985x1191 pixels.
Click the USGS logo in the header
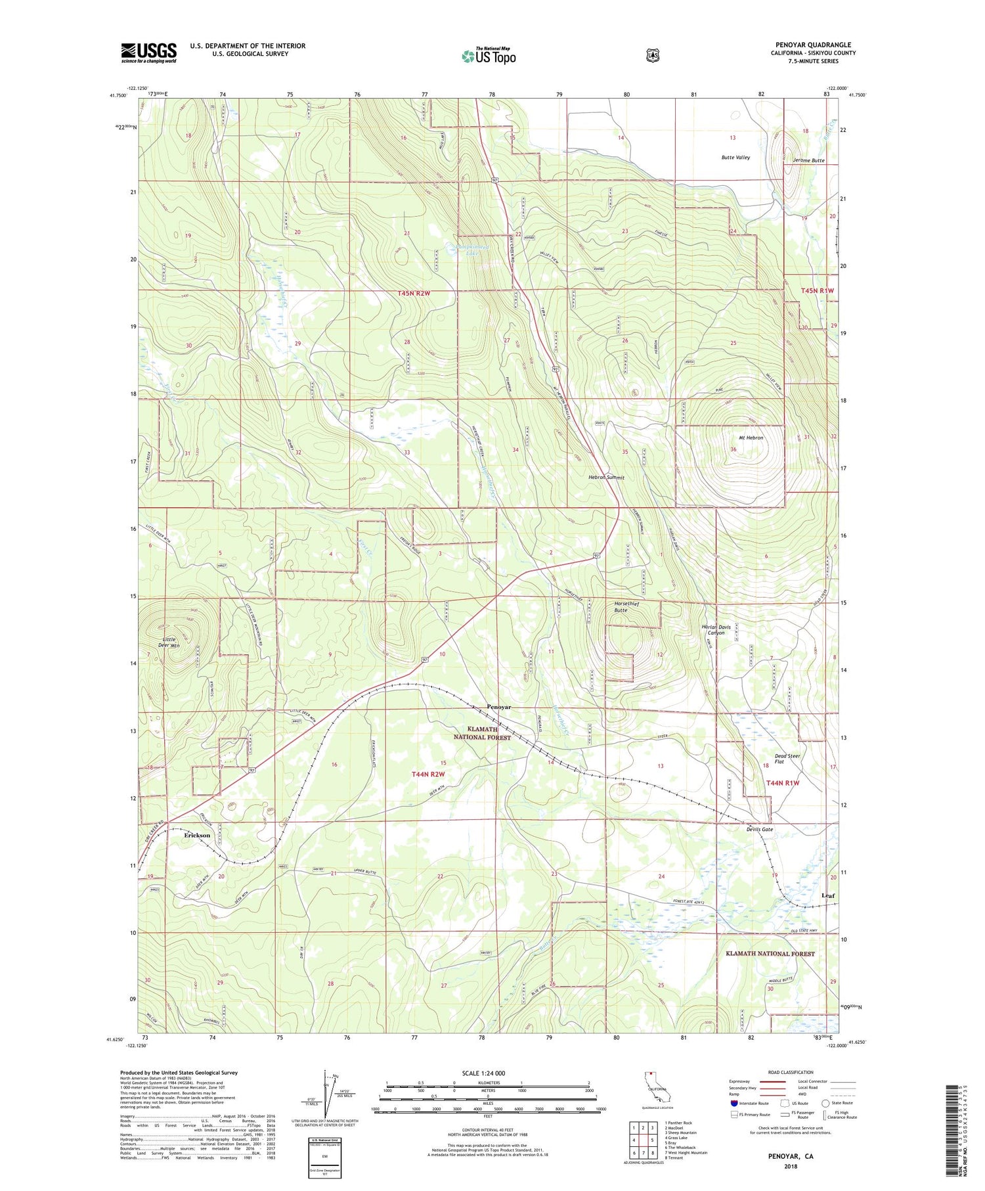[x=148, y=53]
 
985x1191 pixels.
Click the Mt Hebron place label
[x=751, y=438]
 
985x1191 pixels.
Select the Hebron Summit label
[x=605, y=478]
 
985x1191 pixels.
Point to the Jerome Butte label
[x=808, y=161]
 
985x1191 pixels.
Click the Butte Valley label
[x=735, y=158]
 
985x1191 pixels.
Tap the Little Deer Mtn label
[x=162, y=642]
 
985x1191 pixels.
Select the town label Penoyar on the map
[x=498, y=707]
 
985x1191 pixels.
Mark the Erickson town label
[x=197, y=836]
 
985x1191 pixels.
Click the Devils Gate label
[x=759, y=830]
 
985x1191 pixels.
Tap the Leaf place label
[x=828, y=895]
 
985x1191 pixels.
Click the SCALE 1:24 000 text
[x=487, y=1073]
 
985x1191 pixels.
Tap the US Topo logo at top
[x=489, y=56]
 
